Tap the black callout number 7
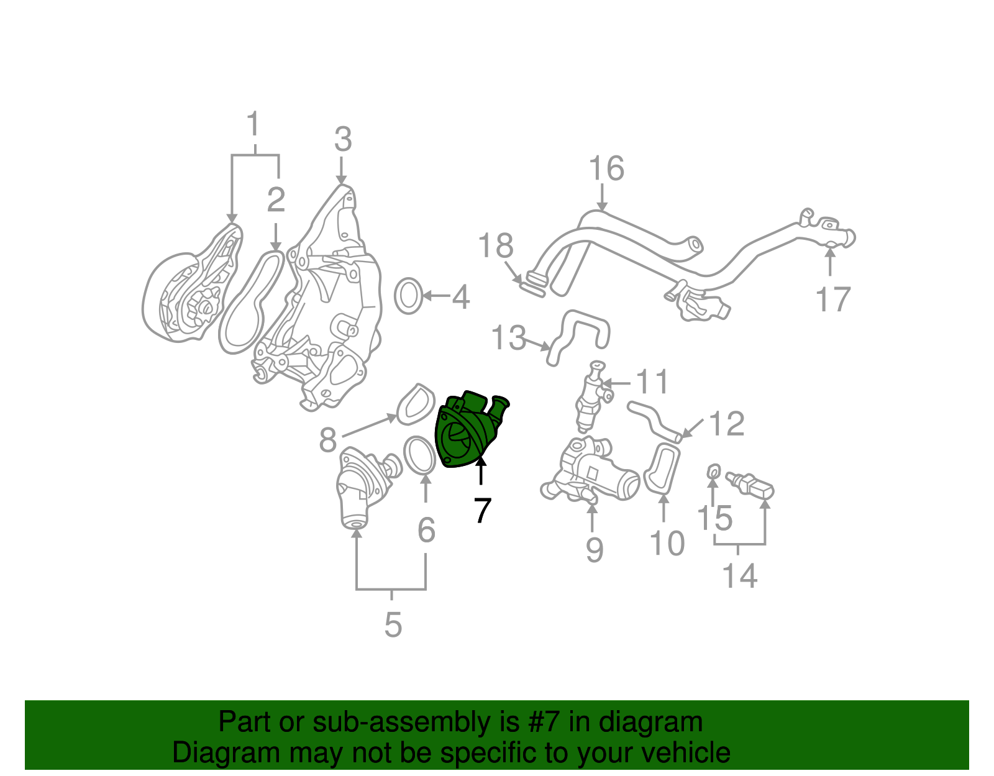point(482,511)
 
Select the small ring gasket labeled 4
point(408,296)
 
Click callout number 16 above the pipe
point(606,169)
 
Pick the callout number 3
point(343,140)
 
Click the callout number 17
point(832,299)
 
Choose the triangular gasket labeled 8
point(416,404)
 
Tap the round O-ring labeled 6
point(419,455)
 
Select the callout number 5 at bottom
point(393,624)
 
